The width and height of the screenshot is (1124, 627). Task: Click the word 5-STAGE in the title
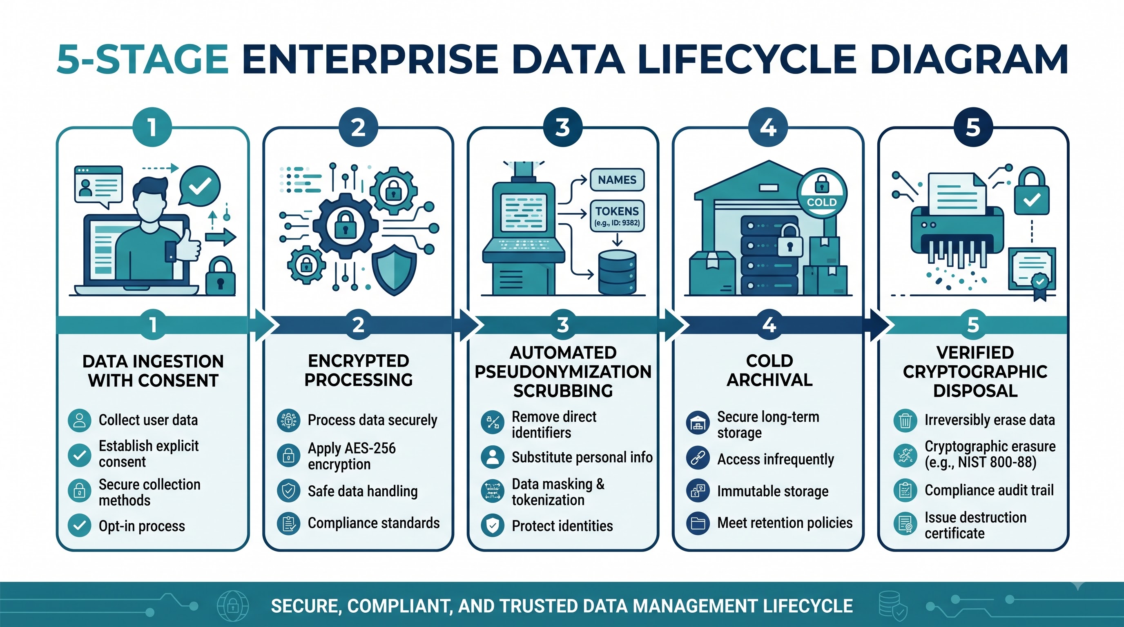142,59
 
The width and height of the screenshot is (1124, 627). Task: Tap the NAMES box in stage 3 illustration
617,180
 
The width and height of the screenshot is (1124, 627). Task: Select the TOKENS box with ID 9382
617,216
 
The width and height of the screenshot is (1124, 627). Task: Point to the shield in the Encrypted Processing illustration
394,269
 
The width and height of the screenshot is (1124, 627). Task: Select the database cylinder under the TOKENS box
617,272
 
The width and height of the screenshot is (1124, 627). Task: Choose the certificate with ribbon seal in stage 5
1032,273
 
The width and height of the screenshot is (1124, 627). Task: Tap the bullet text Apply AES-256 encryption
352,456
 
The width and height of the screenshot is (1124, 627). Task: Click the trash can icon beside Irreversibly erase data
905,420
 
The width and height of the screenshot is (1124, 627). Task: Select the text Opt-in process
142,526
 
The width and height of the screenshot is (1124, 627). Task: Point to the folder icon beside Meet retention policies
698,523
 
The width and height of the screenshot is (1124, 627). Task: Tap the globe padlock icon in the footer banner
233,605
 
